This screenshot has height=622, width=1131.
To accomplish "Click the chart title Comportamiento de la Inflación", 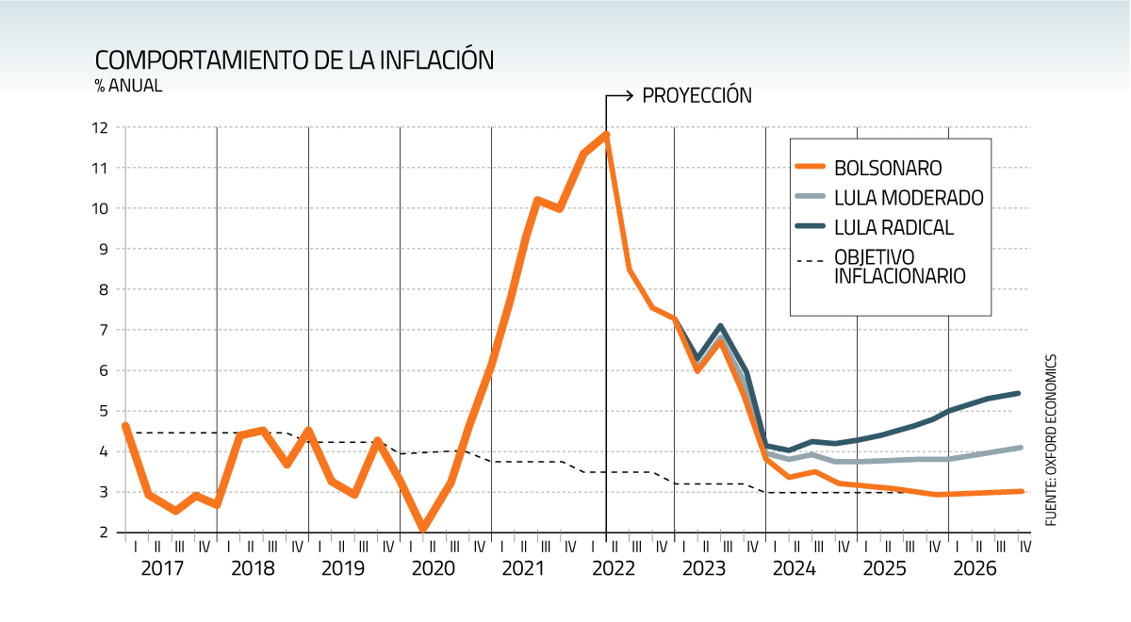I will click(294, 59).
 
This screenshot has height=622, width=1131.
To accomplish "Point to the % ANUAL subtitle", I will click(128, 86).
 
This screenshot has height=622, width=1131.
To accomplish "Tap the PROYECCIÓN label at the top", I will click(697, 96).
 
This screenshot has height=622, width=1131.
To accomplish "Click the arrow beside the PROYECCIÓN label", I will click(619, 96).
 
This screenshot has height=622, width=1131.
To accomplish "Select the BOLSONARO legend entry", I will click(888, 168).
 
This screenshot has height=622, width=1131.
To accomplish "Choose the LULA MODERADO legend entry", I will click(909, 198).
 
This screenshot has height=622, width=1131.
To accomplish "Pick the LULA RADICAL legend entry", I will click(893, 227).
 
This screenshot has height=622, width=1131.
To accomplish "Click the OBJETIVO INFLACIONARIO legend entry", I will click(899, 267).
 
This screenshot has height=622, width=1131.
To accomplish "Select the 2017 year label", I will click(162, 569).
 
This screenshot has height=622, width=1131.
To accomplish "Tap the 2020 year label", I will click(435, 569).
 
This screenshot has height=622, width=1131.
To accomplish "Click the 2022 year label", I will click(618, 569).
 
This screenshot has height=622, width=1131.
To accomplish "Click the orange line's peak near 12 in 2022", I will click(606, 135).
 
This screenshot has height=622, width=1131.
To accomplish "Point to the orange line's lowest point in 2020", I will click(423, 529).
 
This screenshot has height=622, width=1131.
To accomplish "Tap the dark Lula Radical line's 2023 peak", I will click(720, 327).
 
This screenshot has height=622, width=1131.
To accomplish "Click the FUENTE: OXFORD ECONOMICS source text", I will click(1051, 439).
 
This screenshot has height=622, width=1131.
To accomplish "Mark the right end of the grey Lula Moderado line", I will click(1022, 448).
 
